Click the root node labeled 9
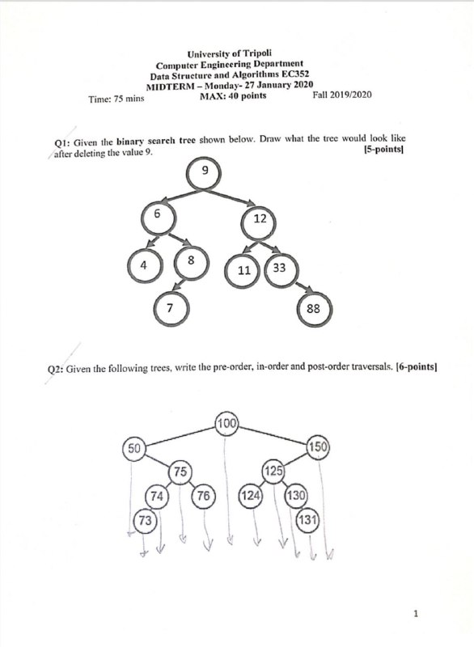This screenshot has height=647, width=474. pyautogui.click(x=204, y=173)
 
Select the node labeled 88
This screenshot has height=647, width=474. pyautogui.click(x=314, y=309)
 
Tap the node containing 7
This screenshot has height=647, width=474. pyautogui.click(x=171, y=308)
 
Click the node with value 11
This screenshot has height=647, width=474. pyautogui.click(x=243, y=270)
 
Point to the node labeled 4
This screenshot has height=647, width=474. pyautogui.click(x=145, y=265)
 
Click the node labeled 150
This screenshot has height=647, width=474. pyautogui.click(x=319, y=447)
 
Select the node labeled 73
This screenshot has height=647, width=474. pyautogui.click(x=145, y=520)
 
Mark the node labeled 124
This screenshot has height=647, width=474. pyautogui.click(x=251, y=496)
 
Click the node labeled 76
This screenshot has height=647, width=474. pyautogui.click(x=203, y=496)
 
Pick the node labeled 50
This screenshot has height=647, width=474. pyautogui.click(x=134, y=449)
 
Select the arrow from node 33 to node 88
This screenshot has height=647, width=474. pyautogui.click(x=303, y=287)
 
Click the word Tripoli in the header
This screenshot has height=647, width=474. pyautogui.click(x=257, y=53)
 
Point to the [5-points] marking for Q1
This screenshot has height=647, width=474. pyautogui.click(x=383, y=150)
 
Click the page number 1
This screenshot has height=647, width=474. pyautogui.click(x=416, y=614)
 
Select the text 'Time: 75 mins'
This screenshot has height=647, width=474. pyautogui.click(x=116, y=99)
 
